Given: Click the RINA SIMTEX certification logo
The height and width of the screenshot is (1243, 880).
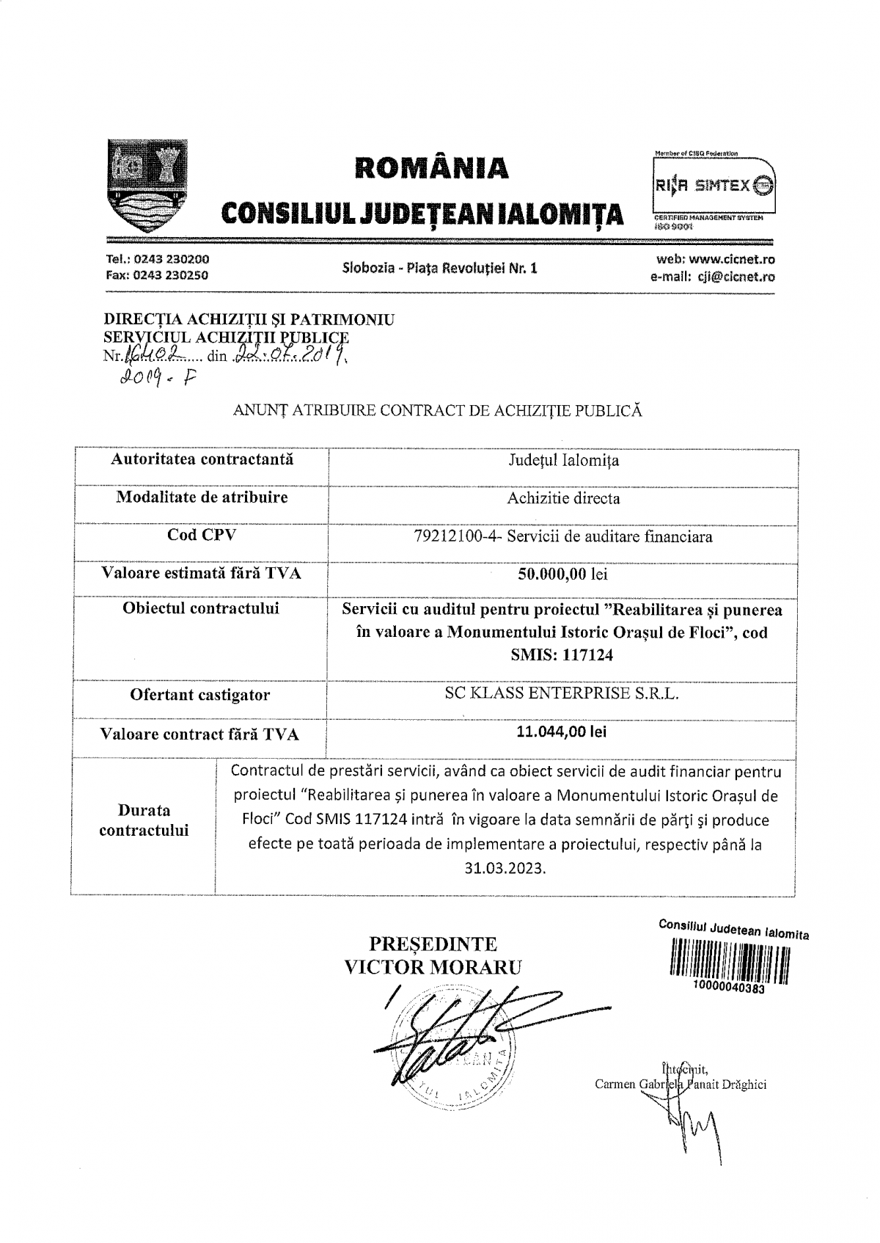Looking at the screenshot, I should (710, 186).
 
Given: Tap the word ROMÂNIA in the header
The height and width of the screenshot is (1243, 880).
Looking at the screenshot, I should (431, 168).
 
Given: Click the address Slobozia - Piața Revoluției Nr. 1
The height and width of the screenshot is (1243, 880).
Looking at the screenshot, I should (439, 268).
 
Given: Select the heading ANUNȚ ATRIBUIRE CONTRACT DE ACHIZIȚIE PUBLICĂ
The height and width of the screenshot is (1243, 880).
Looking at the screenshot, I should (438, 411).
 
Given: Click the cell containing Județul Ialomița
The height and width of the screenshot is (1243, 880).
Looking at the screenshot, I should (563, 461).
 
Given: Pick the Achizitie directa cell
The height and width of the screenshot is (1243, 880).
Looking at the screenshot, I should (563, 498).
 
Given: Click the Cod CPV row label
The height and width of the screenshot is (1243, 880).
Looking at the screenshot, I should (202, 535).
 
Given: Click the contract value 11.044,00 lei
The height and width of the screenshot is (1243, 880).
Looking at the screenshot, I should (563, 732).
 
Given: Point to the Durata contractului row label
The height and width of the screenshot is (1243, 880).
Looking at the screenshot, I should (144, 820).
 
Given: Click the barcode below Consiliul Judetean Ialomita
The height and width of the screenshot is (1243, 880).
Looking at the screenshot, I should (729, 962).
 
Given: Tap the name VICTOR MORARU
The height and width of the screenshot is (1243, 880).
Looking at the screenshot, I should (433, 967).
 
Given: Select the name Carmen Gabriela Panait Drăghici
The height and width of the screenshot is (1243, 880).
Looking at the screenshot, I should (681, 1085).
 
